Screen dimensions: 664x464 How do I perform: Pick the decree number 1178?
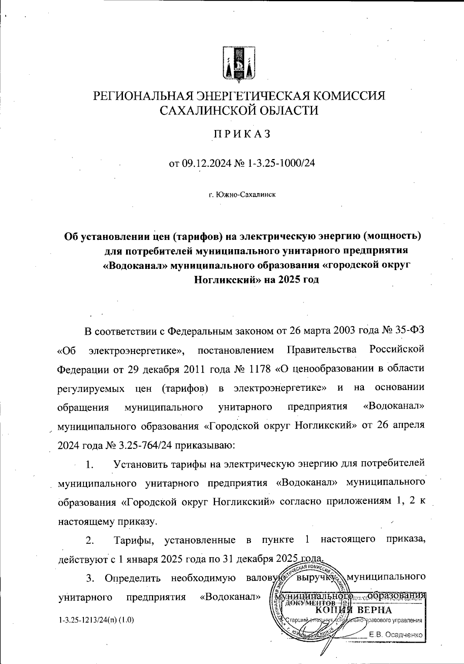tap(258, 368)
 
